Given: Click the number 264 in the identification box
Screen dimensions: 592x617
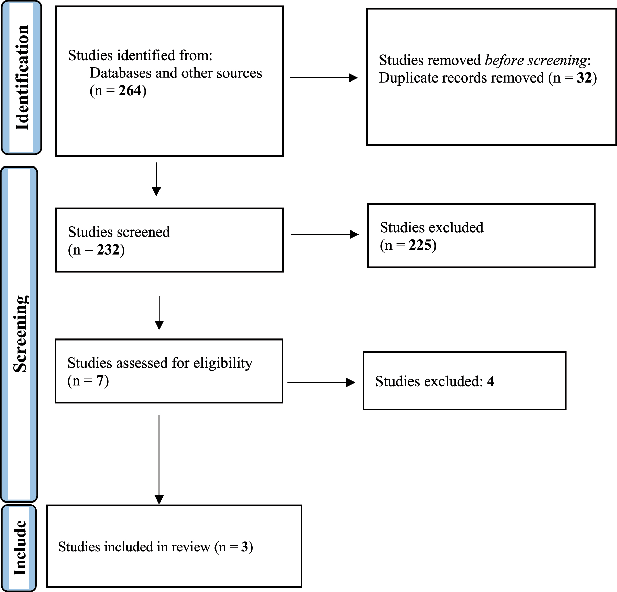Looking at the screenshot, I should point(130,91).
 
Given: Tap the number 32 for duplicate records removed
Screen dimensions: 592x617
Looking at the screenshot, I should point(584,78).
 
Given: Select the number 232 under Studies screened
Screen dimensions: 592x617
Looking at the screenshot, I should point(108,250).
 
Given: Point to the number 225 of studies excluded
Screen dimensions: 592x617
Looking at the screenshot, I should point(420,245).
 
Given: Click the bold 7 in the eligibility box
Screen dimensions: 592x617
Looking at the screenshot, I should point(100,381).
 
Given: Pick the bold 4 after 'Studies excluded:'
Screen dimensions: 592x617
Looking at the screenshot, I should point(491,381).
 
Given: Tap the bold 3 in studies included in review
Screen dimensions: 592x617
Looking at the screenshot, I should point(244,547).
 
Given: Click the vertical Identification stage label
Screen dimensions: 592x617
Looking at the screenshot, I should point(22,78).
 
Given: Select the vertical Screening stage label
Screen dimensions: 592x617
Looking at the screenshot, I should point(21,334).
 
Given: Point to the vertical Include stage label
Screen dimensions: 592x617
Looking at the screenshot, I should point(20,547).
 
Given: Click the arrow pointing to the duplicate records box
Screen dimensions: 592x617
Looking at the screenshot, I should point(324,78).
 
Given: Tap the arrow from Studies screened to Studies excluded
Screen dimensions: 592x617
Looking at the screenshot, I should point(324,234).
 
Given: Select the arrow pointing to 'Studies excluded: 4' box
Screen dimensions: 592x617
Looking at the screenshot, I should point(321,382).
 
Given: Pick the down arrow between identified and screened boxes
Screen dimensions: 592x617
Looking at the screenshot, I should point(156,179).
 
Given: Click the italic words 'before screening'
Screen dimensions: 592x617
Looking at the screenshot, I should point(536,61).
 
